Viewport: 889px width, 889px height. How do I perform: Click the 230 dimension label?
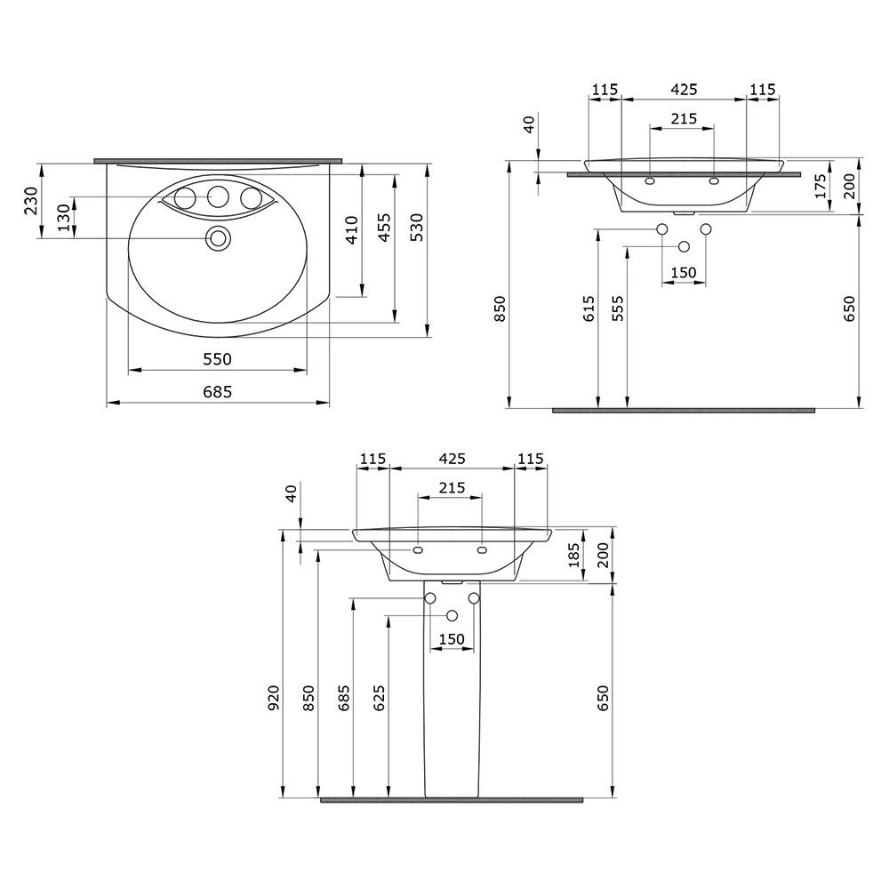(x=31, y=201)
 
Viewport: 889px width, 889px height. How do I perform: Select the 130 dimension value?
(x=64, y=218)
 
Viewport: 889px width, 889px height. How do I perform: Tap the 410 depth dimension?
(x=352, y=229)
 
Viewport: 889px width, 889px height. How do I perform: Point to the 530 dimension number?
(x=417, y=227)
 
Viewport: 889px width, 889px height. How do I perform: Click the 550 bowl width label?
(x=218, y=359)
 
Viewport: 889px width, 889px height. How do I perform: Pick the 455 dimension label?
(x=384, y=227)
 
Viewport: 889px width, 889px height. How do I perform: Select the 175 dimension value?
(x=820, y=187)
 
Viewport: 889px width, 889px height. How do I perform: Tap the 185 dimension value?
(x=573, y=555)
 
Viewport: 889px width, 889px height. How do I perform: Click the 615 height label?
(x=589, y=308)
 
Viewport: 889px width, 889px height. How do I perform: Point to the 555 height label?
(x=618, y=308)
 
